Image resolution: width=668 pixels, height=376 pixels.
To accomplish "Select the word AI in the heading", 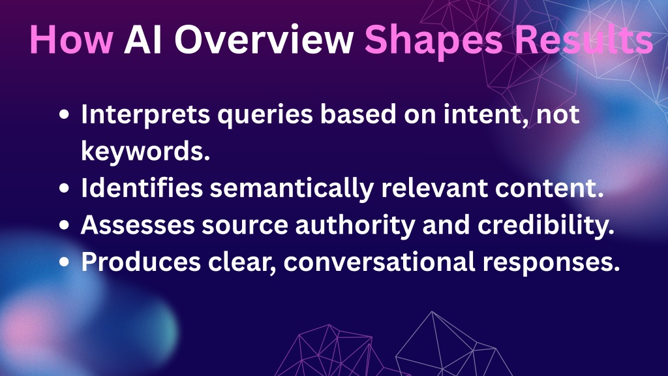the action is [x=143, y=39].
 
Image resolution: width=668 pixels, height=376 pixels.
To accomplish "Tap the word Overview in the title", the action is [x=264, y=39].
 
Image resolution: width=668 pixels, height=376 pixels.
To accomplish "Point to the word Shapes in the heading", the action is [x=434, y=41].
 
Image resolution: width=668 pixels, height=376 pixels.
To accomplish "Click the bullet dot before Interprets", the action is [x=65, y=115].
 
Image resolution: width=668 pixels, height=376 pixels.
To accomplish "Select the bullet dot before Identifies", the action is [x=65, y=189].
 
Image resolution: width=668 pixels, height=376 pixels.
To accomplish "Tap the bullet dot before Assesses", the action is [x=65, y=225].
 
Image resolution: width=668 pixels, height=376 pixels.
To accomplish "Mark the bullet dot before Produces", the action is [x=65, y=262].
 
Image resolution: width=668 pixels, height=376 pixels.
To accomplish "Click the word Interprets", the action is [x=145, y=115].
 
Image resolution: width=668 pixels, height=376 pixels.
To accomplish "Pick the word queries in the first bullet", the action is [x=266, y=116].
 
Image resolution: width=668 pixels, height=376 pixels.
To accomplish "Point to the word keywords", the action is [x=145, y=151].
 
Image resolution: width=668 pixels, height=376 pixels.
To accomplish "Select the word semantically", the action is [x=292, y=189].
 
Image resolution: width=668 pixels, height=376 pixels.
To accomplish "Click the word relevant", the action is [x=434, y=188].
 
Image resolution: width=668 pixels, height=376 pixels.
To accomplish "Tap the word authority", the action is [x=356, y=225].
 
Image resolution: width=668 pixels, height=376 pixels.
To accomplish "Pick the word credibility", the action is [x=546, y=225].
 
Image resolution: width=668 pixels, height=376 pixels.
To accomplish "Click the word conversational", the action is [x=379, y=261].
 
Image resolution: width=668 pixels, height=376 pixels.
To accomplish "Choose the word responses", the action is [x=551, y=264].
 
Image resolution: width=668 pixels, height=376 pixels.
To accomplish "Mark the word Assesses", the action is [x=138, y=225].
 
